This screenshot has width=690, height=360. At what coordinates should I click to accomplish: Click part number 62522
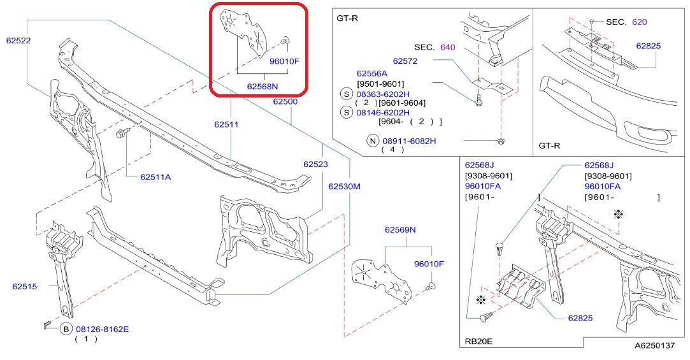click(18, 41)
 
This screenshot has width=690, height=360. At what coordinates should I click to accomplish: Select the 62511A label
click(155, 177)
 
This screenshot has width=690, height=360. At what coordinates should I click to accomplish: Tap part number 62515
click(25, 287)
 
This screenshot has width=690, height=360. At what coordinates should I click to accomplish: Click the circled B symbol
click(66, 329)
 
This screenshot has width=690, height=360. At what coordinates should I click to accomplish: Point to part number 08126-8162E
click(103, 329)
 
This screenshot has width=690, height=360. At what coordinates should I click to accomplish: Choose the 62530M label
click(344, 187)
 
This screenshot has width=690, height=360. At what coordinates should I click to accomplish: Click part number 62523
click(315, 164)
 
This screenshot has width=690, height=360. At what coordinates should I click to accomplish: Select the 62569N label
click(400, 230)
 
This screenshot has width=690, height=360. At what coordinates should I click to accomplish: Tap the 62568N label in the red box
click(262, 87)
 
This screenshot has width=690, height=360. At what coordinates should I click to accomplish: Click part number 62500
click(285, 101)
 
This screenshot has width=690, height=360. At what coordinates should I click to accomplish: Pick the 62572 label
click(405, 61)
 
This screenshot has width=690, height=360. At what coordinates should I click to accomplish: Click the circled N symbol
click(373, 141)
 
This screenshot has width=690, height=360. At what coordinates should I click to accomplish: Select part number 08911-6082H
click(409, 141)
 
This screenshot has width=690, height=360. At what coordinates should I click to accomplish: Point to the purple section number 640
click(447, 47)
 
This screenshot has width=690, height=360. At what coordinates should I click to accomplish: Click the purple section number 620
click(640, 22)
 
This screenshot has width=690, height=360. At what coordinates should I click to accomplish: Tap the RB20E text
click(478, 341)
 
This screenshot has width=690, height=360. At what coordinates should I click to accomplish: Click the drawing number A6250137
click(654, 345)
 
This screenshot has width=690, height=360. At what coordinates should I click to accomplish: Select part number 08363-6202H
click(383, 94)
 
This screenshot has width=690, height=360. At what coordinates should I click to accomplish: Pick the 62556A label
click(372, 73)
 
